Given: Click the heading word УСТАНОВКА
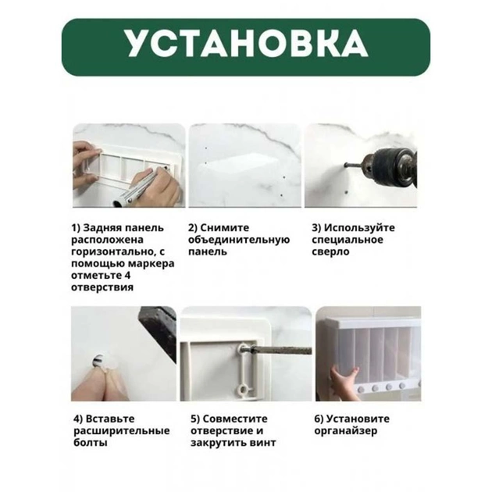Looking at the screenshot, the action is click(x=246, y=44).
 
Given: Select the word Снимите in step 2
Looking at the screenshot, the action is click(x=225, y=228).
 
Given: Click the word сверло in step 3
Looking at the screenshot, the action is click(x=330, y=251).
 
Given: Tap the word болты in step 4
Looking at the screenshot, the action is click(x=91, y=443).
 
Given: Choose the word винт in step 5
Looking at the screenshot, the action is click(x=263, y=443).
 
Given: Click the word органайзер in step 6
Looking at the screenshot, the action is click(x=346, y=431).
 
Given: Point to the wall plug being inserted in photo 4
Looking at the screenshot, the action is click(x=100, y=361).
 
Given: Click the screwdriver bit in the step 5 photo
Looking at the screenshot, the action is click(x=279, y=350).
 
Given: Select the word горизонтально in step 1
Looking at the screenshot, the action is click(x=112, y=252).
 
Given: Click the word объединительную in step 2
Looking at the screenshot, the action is click(x=239, y=240).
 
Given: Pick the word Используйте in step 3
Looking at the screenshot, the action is click(x=359, y=228).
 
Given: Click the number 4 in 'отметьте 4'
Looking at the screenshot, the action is click(x=127, y=276).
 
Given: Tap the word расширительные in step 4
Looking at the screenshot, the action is click(x=121, y=431).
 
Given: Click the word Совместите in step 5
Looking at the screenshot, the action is click(x=235, y=419).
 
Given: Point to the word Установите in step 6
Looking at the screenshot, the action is click(x=358, y=419).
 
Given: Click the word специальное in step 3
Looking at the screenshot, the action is click(x=348, y=240).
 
